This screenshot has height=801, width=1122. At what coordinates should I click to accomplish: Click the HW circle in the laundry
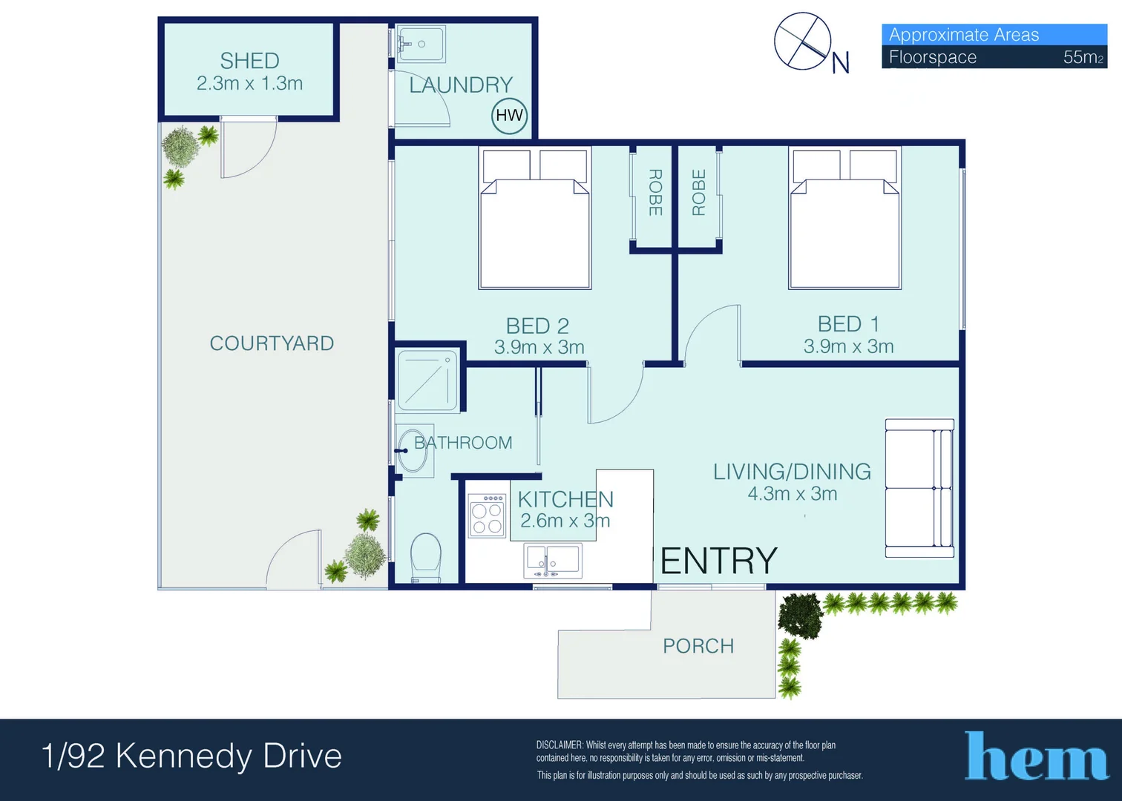(x=509, y=115)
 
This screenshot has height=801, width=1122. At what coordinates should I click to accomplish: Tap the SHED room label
(x=249, y=61)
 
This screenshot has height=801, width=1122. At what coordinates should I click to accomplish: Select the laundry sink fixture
(x=420, y=44)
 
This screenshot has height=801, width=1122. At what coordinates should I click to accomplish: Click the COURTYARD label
(x=272, y=343)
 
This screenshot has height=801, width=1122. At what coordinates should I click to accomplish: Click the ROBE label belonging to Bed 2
(x=654, y=193)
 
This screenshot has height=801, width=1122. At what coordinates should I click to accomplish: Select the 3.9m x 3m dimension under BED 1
(x=848, y=346)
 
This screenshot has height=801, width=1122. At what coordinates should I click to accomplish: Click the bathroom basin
(x=413, y=450)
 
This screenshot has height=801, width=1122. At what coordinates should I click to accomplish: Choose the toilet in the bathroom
(x=426, y=557)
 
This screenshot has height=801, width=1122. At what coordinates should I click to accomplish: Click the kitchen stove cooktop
(x=487, y=515)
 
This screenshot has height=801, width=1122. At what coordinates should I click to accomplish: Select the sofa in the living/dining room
(x=919, y=488)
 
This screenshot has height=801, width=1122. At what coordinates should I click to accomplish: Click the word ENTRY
(x=718, y=561)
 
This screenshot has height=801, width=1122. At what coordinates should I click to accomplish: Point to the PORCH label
(x=698, y=646)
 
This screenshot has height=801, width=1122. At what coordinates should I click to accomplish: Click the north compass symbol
(x=803, y=42)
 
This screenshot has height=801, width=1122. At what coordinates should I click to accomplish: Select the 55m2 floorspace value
(x=1083, y=57)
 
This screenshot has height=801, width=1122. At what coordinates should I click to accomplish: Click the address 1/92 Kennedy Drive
(x=192, y=756)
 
